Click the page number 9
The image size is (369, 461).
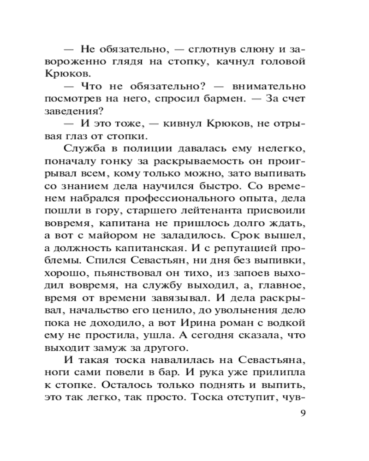(303, 413)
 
